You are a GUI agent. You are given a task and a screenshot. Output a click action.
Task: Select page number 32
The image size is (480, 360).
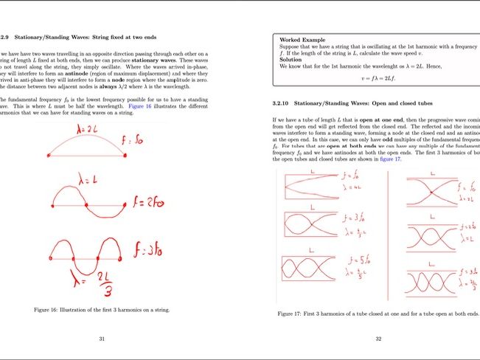click(x=378, y=339)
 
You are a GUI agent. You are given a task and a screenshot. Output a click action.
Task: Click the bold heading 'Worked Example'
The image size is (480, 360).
click(x=303, y=39)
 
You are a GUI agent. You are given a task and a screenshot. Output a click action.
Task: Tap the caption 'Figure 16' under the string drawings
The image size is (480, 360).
click(x=53, y=310)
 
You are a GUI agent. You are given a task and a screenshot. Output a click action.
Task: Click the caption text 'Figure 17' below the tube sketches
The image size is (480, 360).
click(x=295, y=314)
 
